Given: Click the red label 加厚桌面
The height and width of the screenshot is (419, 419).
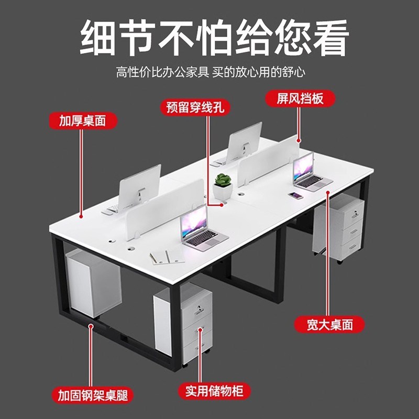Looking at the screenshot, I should point(82,120).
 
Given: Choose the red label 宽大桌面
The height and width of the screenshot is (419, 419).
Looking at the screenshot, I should point(329,324).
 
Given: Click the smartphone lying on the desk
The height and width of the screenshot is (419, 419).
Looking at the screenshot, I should point(296,196).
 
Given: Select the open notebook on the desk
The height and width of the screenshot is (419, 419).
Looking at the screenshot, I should point(167,257).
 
